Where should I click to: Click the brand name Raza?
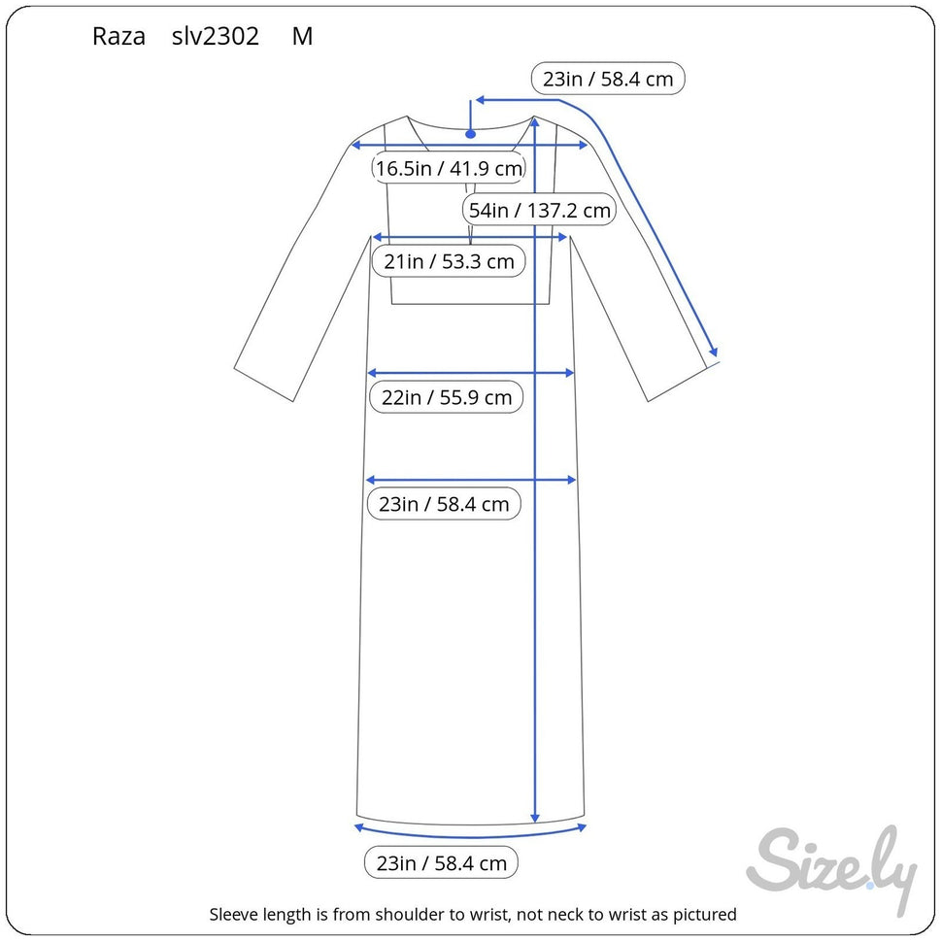[118, 37]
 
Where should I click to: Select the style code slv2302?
[216, 37]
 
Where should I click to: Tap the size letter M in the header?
[302, 37]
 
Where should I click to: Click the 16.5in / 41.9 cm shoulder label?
[449, 168]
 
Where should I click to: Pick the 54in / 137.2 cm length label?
[540, 210]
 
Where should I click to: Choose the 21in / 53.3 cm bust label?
[449, 261]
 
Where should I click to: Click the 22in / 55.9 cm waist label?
[447, 397]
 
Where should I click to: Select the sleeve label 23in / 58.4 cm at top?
[608, 79]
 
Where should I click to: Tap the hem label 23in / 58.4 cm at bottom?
[441, 863]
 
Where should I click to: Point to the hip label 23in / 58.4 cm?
[444, 503]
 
